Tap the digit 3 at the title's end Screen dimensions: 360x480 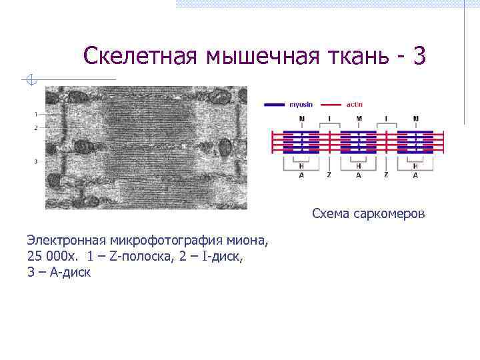point(418,56)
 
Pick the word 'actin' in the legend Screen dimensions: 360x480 point(354,104)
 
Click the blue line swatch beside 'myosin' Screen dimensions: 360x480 point(275,105)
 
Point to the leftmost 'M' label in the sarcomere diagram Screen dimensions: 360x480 point(301,119)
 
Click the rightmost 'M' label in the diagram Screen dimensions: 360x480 point(416,119)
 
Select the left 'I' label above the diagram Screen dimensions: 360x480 point(329,119)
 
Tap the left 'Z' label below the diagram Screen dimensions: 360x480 point(329,175)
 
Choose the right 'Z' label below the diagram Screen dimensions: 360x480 point(387,175)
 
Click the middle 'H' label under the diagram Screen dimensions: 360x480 point(359,166)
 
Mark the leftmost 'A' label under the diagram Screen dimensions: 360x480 point(301,175)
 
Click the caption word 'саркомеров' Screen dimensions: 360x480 point(393,214)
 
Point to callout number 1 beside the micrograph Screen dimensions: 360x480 point(35,114)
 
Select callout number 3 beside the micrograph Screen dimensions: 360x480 point(35,161)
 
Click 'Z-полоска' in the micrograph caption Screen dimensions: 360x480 point(135,257)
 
